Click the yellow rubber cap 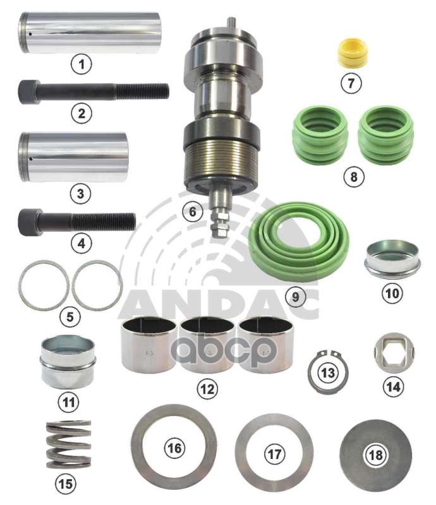[x=351, y=52]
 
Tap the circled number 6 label [x=193, y=211]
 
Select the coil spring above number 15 [x=68, y=444]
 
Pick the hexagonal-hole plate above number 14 [x=394, y=353]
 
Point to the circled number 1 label [x=82, y=64]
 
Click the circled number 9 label [x=296, y=297]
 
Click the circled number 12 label [x=207, y=389]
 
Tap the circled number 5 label [x=70, y=317]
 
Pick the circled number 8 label [x=354, y=177]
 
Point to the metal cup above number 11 [x=68, y=362]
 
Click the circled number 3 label [x=80, y=194]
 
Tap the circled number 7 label [x=351, y=83]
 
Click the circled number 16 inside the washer [x=174, y=448]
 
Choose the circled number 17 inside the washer [x=274, y=454]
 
